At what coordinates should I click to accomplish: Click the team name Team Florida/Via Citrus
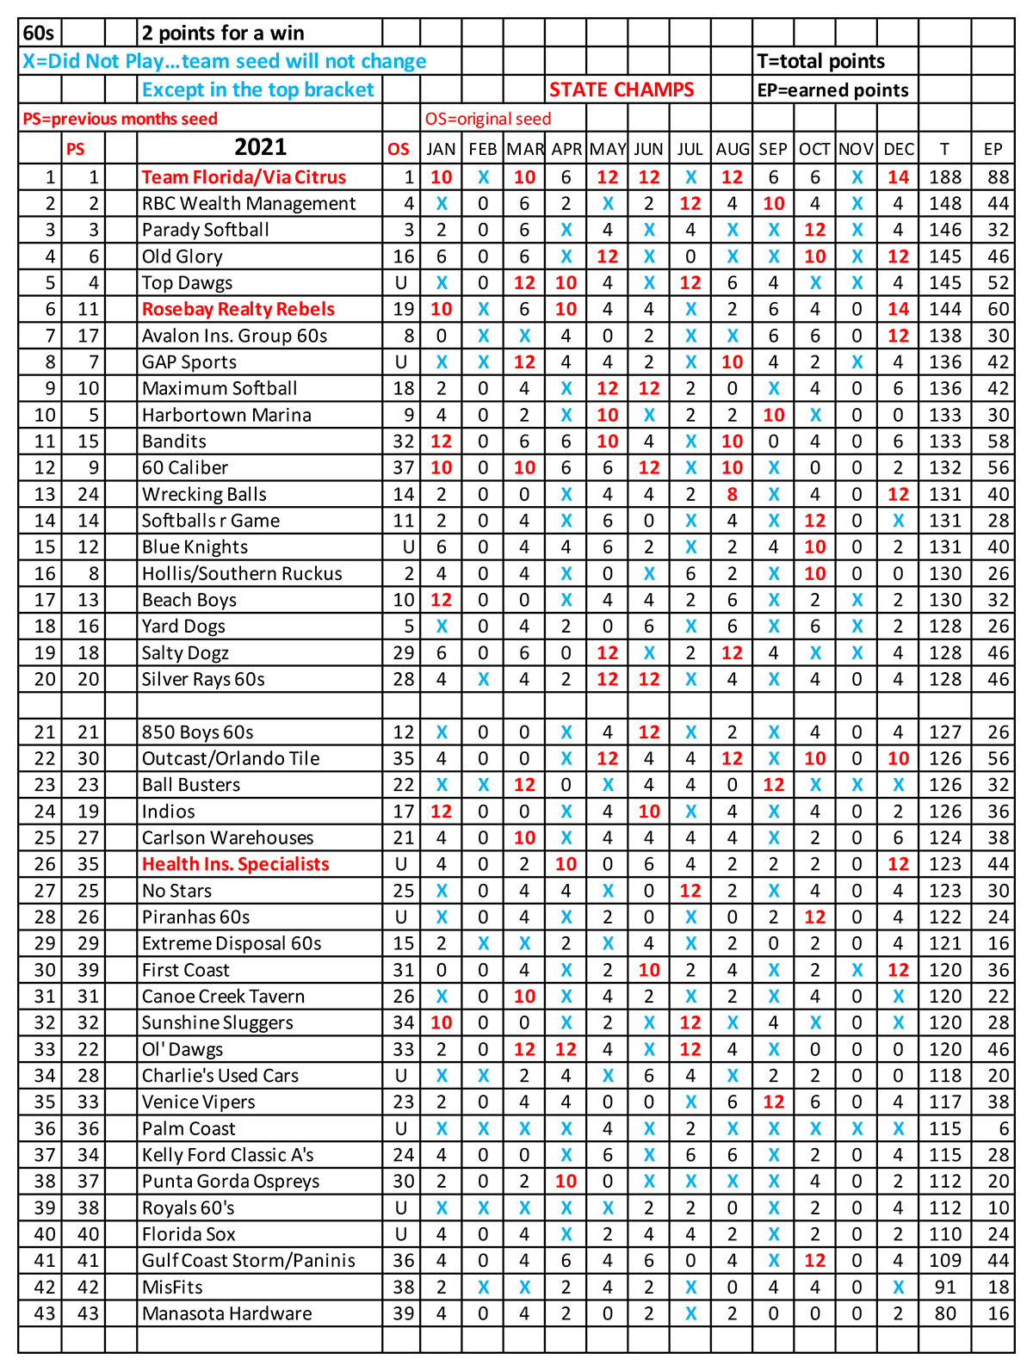[x=244, y=177]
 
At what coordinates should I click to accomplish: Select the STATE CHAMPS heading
[x=622, y=90]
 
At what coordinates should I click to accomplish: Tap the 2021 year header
[x=260, y=147]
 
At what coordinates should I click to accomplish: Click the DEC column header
[x=899, y=149]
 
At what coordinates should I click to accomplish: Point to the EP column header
[x=993, y=149]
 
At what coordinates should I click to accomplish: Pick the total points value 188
[x=944, y=177]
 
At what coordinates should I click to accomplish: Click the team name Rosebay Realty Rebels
[x=238, y=309]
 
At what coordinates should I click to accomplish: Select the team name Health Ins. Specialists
[x=235, y=864]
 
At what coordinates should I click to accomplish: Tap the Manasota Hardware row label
[x=226, y=1313]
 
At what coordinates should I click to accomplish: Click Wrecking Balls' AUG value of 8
[x=732, y=494]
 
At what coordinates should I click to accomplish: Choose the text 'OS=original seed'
[x=488, y=120]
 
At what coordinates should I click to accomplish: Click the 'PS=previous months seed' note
[x=120, y=120]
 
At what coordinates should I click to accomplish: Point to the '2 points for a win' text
[x=223, y=34]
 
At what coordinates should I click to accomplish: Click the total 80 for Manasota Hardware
[x=945, y=1313]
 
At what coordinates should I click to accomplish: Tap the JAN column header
[x=441, y=149]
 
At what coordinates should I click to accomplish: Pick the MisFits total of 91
[x=945, y=1287]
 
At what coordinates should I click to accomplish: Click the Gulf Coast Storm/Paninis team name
[x=248, y=1261]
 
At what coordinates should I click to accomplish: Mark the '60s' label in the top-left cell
[x=39, y=34]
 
